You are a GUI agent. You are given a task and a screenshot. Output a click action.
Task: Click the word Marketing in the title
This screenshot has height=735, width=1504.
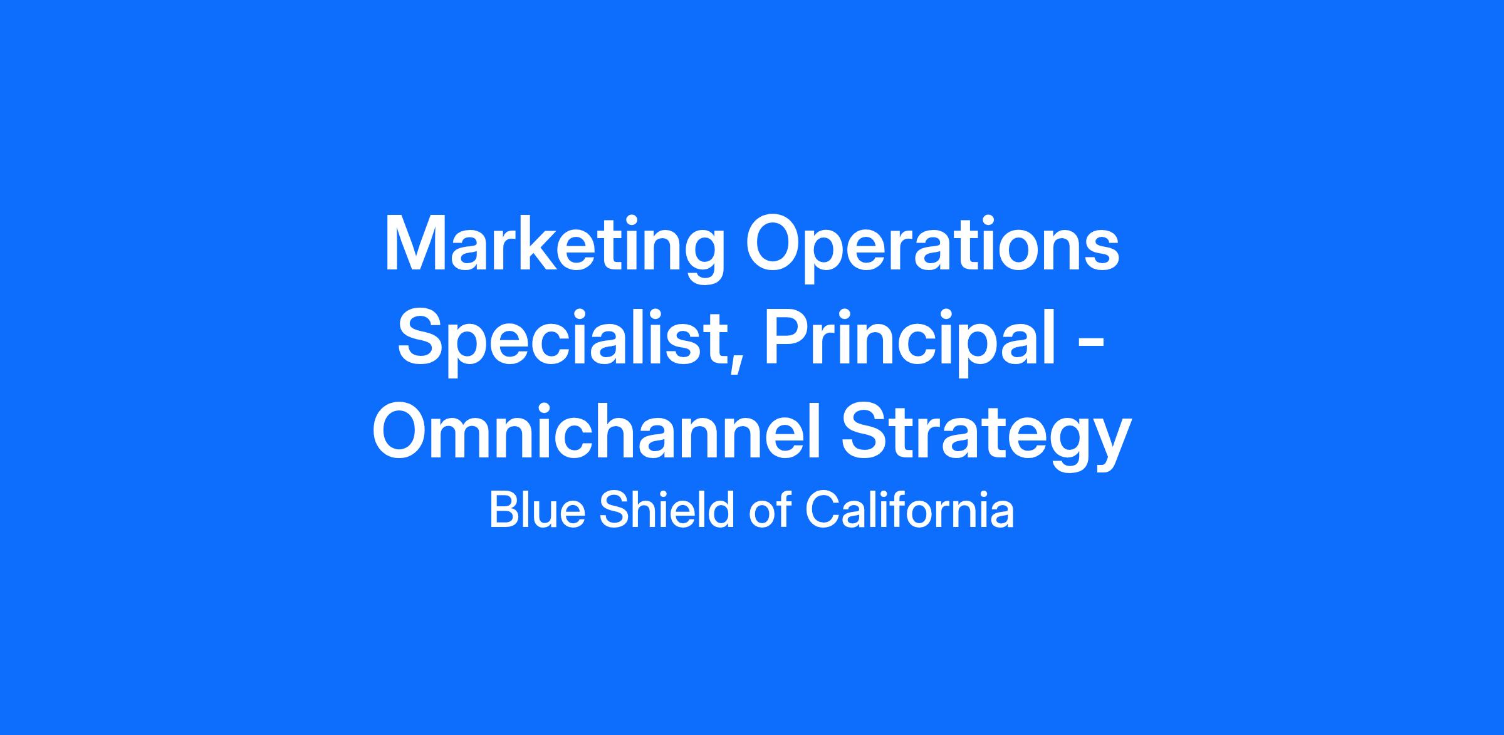coord(555,249)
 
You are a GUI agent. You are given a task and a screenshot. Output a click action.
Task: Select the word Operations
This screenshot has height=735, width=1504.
coord(932,249)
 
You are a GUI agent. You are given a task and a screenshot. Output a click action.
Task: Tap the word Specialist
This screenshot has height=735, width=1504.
coord(564,342)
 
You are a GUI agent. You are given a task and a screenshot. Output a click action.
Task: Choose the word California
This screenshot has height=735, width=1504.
coord(909,509)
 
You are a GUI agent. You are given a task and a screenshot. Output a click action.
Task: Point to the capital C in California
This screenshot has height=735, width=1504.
coord(821,509)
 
